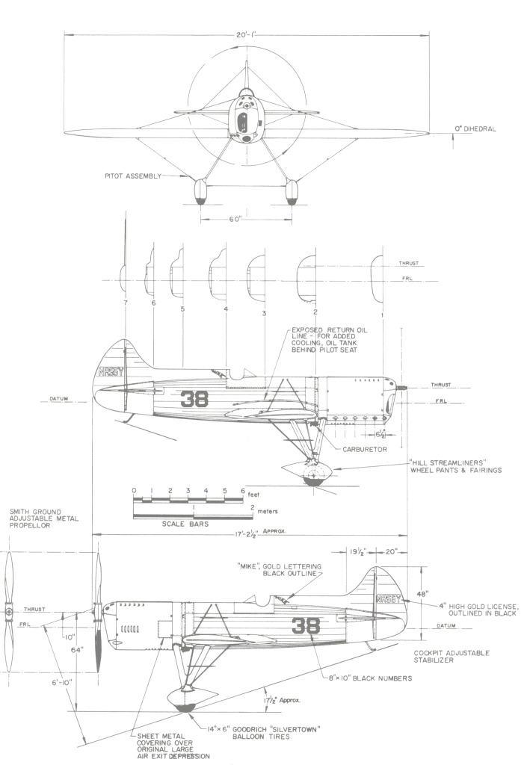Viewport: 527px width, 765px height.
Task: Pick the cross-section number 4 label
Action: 224,309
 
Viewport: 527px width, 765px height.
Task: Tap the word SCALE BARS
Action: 184,524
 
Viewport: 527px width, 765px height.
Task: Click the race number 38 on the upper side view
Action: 191,397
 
